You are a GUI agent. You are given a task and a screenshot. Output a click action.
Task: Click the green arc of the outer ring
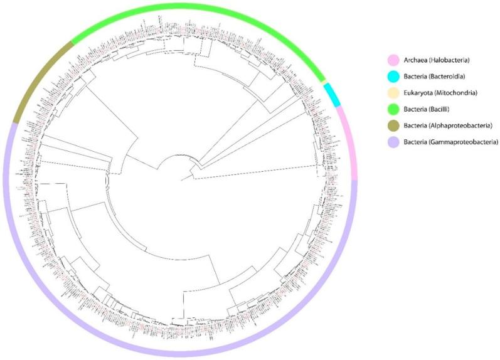pyautogui.click(x=188, y=8)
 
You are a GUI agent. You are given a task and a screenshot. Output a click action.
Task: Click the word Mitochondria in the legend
pyautogui.click(x=459, y=93)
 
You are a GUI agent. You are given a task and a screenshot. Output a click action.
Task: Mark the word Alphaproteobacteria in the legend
pyautogui.click(x=465, y=125)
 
